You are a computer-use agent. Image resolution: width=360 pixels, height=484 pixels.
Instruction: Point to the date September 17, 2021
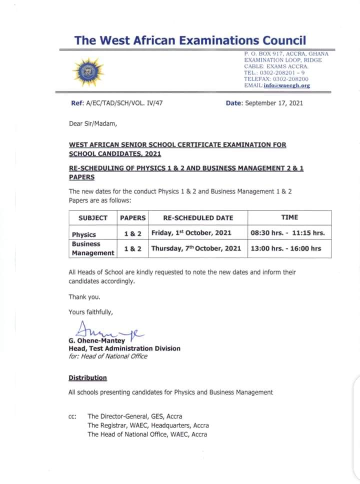[274, 103]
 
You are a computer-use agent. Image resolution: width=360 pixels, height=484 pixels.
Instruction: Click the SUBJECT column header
[93, 217]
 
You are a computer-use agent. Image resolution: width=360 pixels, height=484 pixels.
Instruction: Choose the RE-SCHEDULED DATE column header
[198, 217]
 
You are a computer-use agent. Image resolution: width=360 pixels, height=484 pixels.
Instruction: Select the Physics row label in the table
[84, 234]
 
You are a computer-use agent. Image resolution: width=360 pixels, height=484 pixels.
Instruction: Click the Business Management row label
[93, 248]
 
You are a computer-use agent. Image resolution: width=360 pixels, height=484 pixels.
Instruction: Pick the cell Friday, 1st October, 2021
[191, 233]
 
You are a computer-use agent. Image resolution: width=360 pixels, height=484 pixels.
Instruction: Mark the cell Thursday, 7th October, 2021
[196, 248]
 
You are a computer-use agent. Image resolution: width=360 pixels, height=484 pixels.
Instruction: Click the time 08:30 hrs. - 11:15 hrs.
[287, 233]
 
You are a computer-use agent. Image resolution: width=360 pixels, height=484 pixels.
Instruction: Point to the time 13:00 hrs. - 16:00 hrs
[285, 248]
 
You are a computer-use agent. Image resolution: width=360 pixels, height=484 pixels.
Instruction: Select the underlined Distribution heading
[87, 377]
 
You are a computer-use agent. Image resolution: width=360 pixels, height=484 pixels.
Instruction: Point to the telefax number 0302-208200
[290, 79]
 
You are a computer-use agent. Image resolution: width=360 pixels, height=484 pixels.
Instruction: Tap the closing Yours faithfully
[90, 312]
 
